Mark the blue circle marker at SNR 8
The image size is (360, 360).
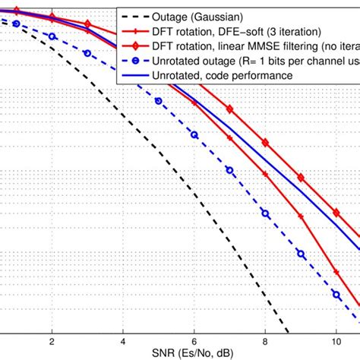[265, 214]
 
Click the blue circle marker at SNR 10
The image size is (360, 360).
[336, 292]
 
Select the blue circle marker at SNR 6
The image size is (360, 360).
[194, 135]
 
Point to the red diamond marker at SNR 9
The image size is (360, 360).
[301, 178]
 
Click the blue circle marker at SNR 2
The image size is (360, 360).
[52, 36]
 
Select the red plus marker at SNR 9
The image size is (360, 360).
[301, 216]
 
